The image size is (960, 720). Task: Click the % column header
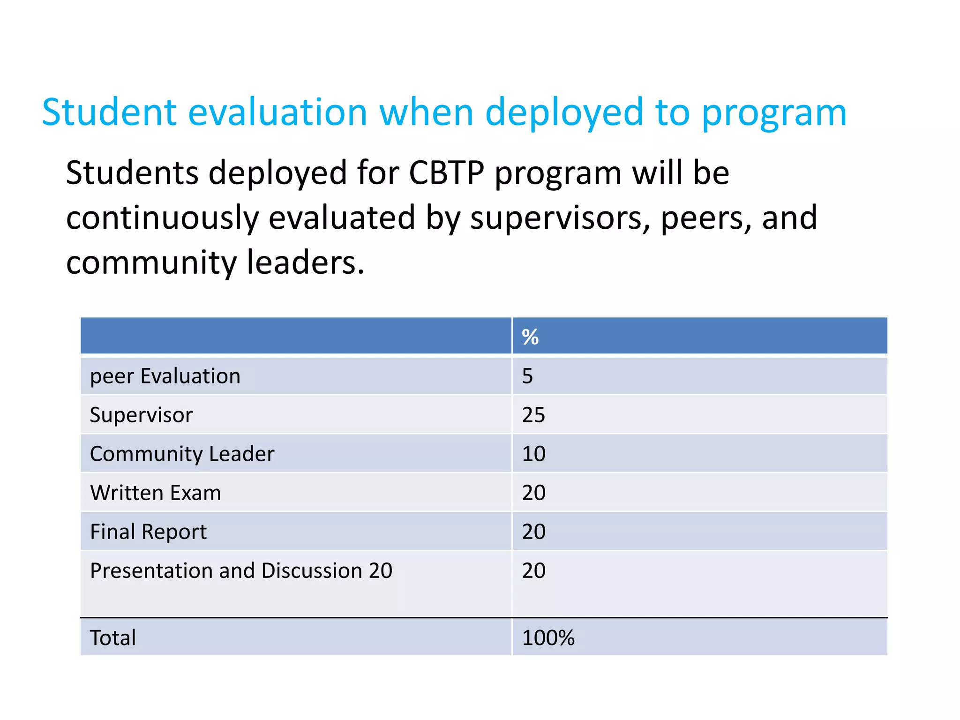click(530, 337)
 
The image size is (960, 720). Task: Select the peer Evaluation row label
click(165, 376)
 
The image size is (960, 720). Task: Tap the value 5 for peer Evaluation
click(527, 376)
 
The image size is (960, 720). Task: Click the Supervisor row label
click(141, 415)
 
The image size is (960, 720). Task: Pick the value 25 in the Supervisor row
click(533, 415)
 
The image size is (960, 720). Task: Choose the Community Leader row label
click(182, 454)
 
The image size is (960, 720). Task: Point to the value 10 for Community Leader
click(533, 454)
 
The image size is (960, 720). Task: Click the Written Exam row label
click(155, 493)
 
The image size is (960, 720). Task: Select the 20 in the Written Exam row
click(533, 493)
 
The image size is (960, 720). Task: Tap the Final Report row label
click(148, 532)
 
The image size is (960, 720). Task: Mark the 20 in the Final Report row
click(533, 532)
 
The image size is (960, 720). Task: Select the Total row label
click(112, 637)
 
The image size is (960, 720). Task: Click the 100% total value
click(548, 637)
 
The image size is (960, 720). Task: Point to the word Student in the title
click(109, 112)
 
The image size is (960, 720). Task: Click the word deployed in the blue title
click(564, 112)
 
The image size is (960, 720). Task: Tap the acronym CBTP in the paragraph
click(446, 173)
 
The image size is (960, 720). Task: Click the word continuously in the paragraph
click(162, 218)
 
